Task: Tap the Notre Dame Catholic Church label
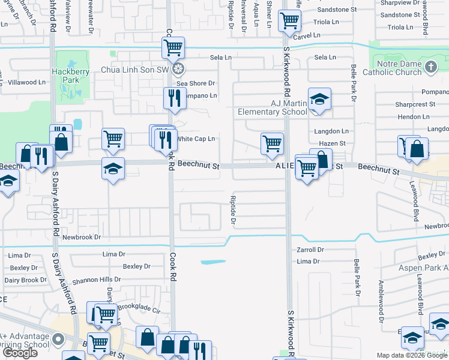(399, 68)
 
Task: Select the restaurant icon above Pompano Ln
(173, 98)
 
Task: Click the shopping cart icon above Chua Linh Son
(173, 47)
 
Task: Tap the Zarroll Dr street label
(310, 250)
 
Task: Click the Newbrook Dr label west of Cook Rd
(81, 238)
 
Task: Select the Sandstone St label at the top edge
(337, 10)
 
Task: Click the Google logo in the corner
(20, 353)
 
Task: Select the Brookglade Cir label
(139, 311)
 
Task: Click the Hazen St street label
(334, 143)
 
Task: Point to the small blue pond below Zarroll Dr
(213, 262)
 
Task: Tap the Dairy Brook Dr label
(25, 280)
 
